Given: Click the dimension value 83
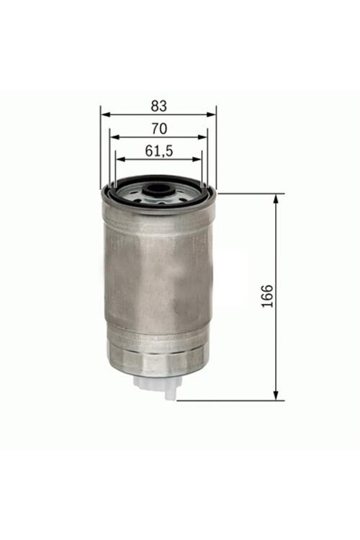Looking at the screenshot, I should pos(158,105).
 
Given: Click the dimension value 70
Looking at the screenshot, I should pos(159,129).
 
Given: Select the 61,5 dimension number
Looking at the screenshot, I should pos(158,151).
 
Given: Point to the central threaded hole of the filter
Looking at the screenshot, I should pos(156,191).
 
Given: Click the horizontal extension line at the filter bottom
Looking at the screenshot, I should pos(230,400).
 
